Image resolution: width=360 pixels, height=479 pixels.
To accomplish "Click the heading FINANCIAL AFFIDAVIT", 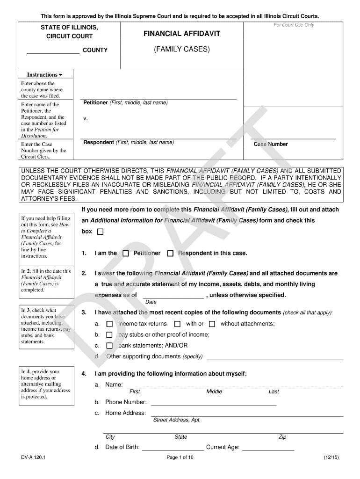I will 182,34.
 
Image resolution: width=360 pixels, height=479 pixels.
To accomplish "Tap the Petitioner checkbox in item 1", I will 126,254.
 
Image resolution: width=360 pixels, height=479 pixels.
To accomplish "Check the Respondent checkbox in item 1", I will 170,254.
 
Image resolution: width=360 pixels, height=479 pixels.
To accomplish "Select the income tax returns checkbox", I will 109,324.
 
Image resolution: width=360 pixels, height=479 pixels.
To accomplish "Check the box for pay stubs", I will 109,335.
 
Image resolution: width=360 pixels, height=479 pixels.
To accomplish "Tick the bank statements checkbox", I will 109,346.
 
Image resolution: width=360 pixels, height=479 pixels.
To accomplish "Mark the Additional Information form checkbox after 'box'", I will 100,232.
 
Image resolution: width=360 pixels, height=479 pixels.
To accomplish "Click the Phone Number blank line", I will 213,403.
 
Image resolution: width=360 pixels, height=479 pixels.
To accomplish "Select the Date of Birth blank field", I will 173,448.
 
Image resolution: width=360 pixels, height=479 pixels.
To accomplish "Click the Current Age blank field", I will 268,448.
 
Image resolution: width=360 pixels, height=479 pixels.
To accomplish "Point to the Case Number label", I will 271,145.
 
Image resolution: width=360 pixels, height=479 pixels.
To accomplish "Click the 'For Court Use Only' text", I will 294,25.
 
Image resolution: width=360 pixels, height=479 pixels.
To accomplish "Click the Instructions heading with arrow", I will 44,75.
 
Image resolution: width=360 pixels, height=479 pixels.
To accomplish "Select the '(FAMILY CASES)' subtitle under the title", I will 182,49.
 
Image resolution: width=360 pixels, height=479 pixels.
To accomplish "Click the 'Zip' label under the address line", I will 282,437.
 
